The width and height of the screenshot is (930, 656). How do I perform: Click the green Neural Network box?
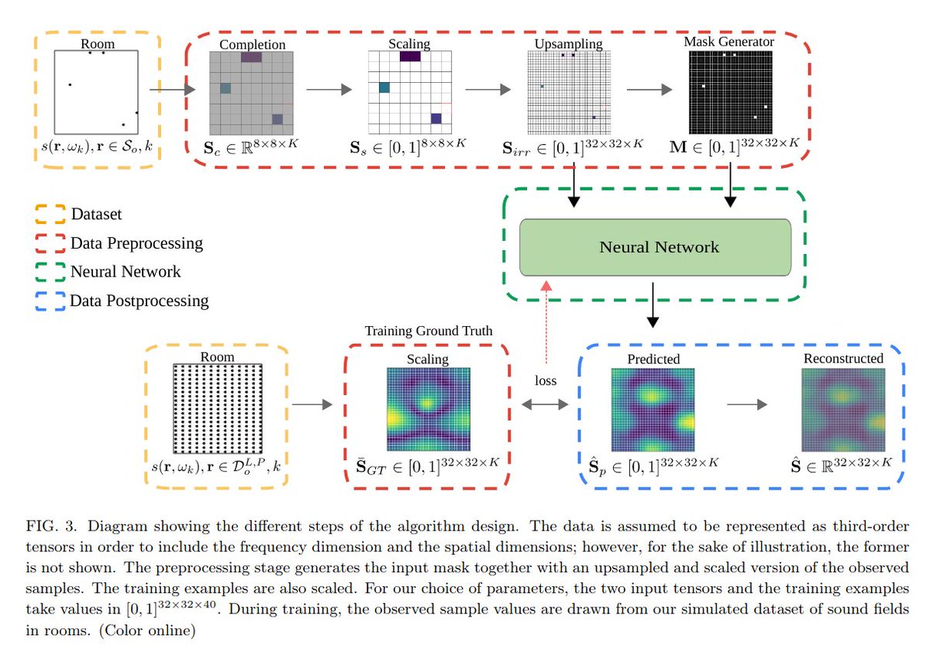click(x=655, y=248)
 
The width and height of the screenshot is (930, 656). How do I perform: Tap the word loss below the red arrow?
click(x=546, y=381)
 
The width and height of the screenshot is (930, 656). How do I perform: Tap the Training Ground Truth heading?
click(x=429, y=331)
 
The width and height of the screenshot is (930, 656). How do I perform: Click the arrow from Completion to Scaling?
click(x=329, y=90)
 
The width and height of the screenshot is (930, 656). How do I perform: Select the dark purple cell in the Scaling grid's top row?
click(x=410, y=56)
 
